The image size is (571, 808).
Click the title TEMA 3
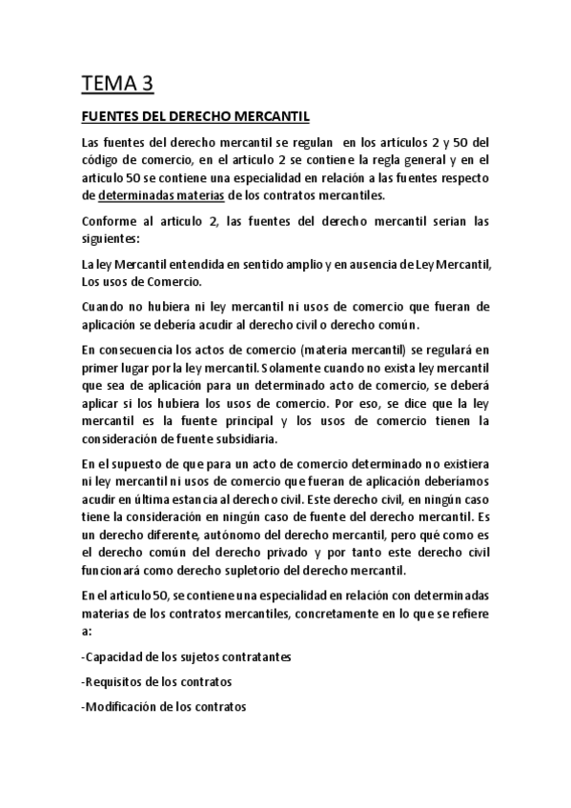point(117,85)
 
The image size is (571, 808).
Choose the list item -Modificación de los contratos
point(164,707)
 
